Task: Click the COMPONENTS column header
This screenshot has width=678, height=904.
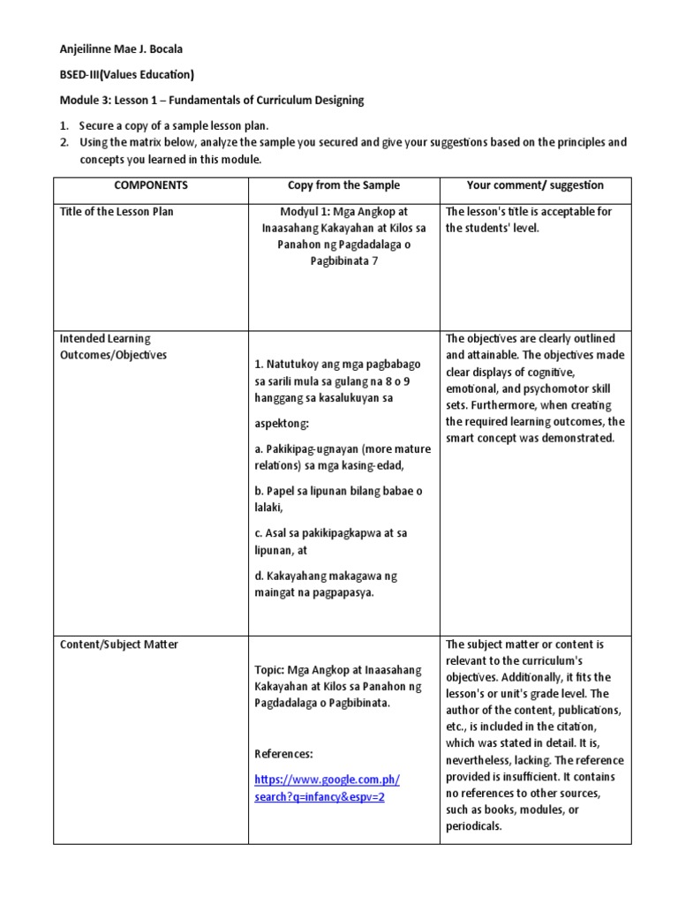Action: [150, 185]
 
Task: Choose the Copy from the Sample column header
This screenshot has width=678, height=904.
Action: [343, 185]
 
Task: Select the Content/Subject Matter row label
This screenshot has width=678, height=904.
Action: [118, 644]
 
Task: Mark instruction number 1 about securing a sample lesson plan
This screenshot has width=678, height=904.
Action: [173, 125]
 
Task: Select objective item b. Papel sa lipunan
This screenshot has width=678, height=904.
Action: [330, 500]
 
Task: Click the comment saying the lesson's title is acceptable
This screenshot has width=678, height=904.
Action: [528, 220]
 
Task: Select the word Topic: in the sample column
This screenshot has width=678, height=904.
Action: [269, 670]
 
